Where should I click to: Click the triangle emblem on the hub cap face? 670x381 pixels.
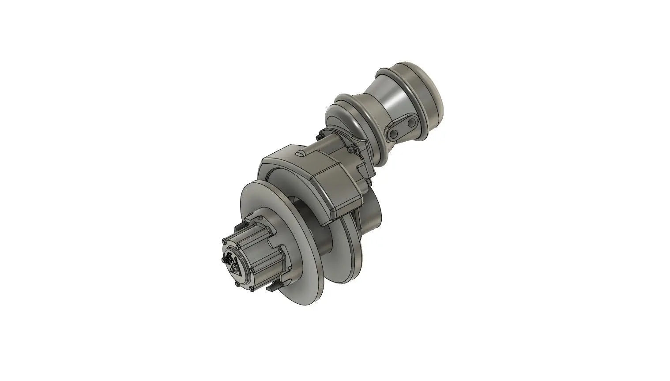[x=237, y=268]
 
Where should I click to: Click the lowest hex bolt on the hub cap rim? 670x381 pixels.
[x=251, y=289]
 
